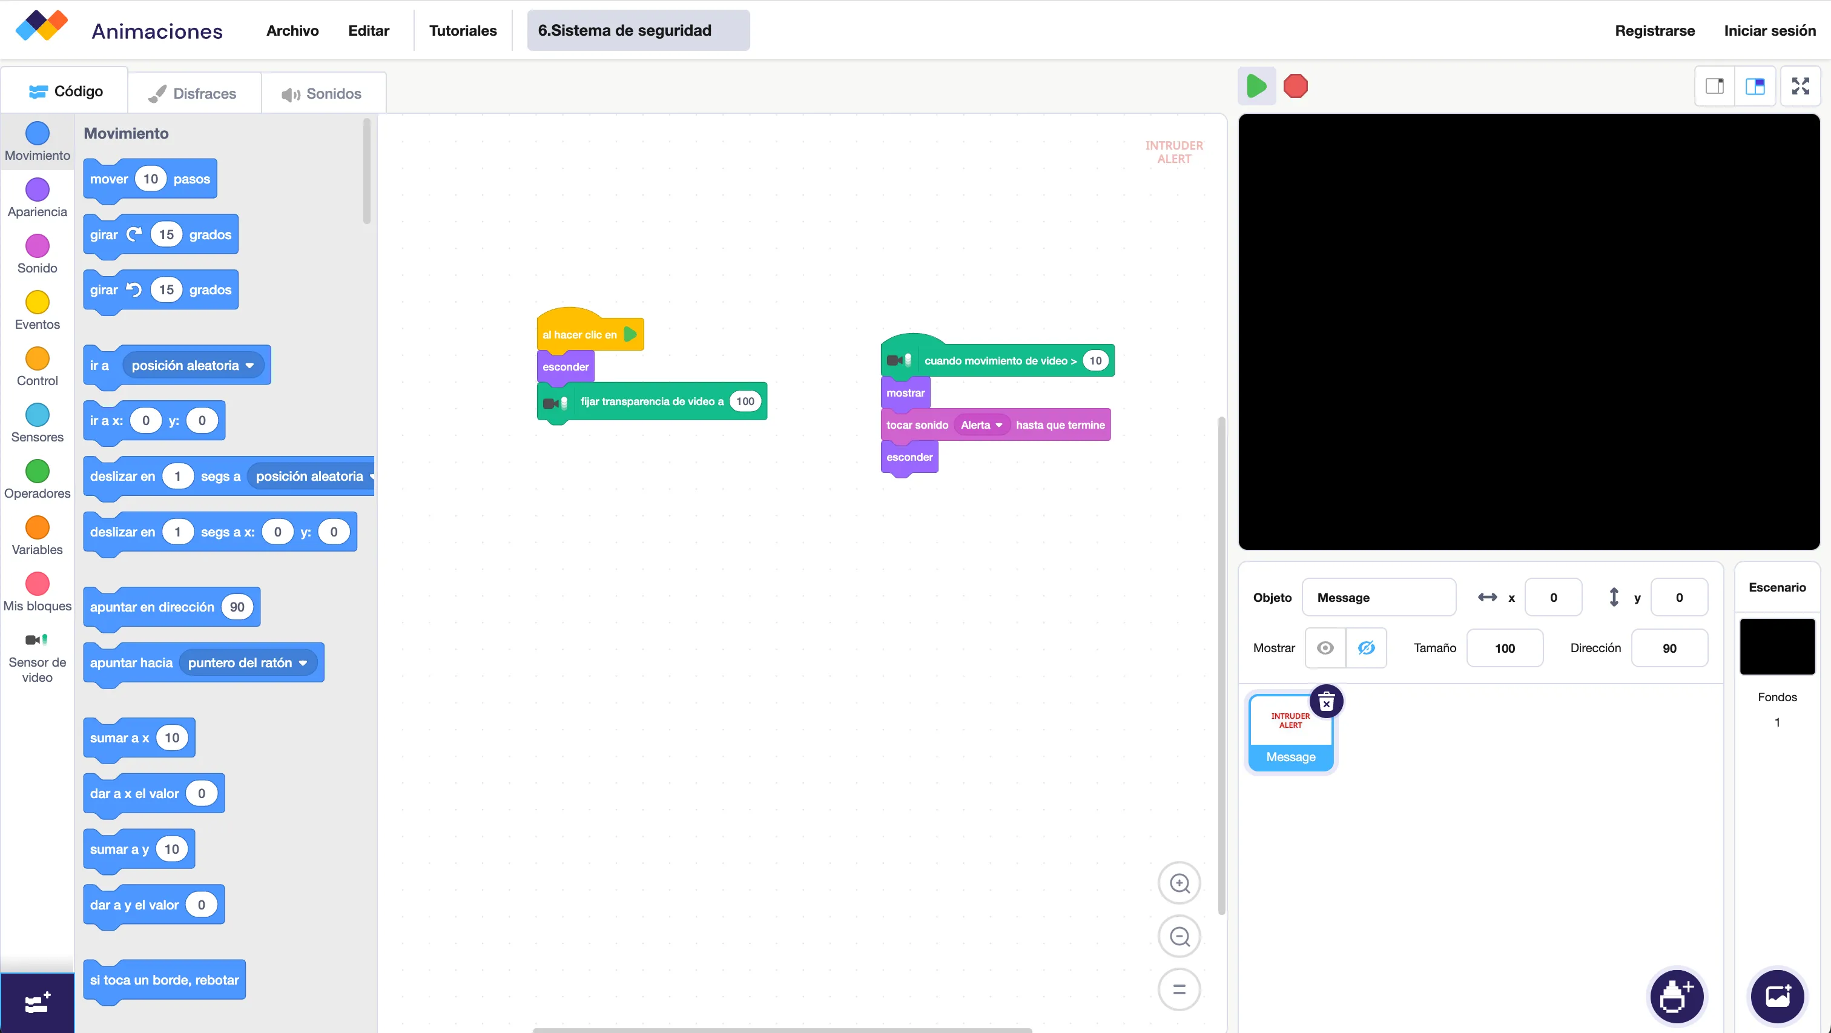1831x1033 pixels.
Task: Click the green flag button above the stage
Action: point(1256,86)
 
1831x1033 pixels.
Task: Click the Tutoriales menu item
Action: point(463,30)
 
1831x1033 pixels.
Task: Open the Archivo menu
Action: point(292,30)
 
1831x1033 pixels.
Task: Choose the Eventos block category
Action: point(38,311)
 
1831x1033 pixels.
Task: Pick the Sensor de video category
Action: point(38,658)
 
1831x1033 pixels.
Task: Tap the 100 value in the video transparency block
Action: point(745,401)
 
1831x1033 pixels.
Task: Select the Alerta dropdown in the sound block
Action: point(981,425)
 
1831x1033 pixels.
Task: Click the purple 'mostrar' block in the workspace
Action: point(905,393)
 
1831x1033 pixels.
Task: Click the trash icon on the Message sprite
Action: point(1325,702)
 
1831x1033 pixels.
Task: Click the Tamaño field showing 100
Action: point(1505,649)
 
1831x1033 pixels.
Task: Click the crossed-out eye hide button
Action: point(1365,649)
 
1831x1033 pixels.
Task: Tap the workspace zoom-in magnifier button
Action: point(1179,883)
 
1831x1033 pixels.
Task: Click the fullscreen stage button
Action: point(1800,86)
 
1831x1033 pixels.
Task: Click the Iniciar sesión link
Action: point(1769,30)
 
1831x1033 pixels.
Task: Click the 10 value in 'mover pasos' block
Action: point(151,179)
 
